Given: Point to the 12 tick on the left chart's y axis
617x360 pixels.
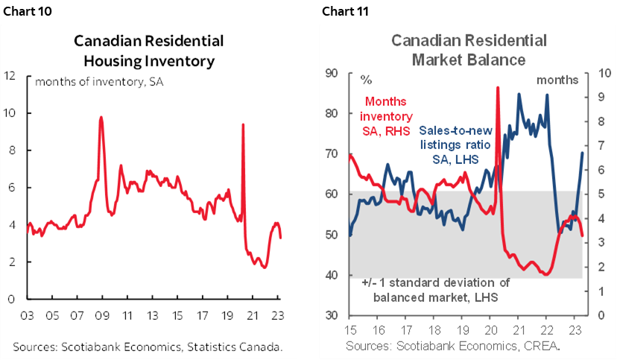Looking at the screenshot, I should (x=10, y=75).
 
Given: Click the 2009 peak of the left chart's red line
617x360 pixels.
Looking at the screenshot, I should (x=101, y=118).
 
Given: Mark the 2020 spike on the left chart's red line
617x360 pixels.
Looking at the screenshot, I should (x=243, y=124).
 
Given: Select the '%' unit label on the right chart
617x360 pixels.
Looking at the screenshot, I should (x=366, y=79).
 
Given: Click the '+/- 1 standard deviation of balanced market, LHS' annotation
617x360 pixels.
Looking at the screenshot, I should (x=436, y=289).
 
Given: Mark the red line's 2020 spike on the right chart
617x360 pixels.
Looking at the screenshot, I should (x=497, y=88).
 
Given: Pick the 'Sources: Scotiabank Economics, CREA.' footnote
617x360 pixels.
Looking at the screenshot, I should (x=452, y=347).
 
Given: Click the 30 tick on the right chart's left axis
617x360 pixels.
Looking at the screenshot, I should (x=332, y=315).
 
